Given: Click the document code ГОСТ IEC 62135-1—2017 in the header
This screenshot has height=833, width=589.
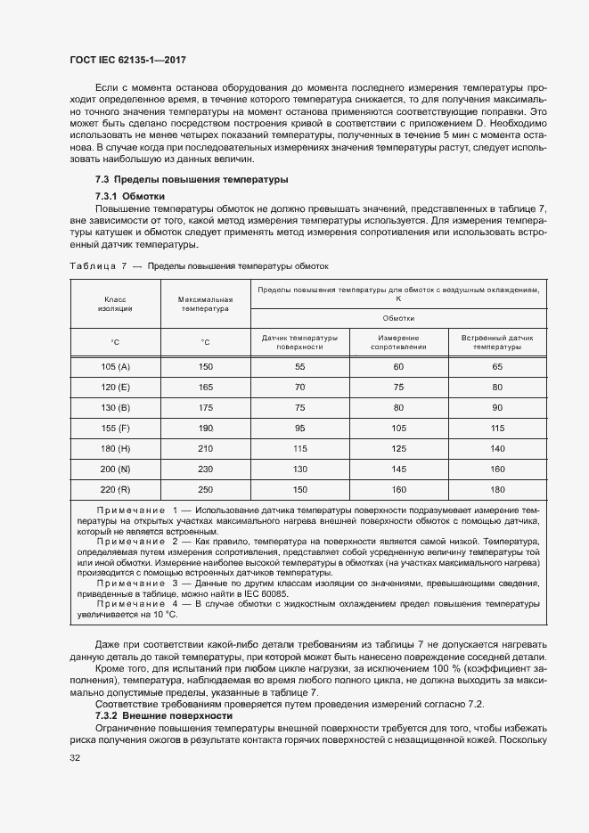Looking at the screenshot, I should pos(127,61).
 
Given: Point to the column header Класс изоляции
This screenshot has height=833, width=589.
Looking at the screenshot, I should pos(116,304).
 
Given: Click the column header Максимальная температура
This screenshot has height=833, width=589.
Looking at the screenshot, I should pos(205,304).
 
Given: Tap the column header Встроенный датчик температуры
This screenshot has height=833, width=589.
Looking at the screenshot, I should pos(497,343).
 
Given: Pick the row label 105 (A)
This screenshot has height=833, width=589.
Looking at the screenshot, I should pos(116,367).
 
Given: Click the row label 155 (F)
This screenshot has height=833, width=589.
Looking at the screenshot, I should pos(116,429).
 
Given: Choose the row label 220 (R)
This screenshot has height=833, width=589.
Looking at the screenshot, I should pos(116,490).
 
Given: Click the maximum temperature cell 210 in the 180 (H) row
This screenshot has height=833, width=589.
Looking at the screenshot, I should pos(205,449).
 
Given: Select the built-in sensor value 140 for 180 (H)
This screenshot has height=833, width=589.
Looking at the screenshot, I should pos(497,449).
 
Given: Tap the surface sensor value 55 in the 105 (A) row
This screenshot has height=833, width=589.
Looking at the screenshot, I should pos(299,367).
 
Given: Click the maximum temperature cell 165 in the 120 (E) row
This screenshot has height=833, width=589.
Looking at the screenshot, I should pos(205,388).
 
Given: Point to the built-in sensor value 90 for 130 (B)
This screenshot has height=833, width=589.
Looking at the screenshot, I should pos(497,408).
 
